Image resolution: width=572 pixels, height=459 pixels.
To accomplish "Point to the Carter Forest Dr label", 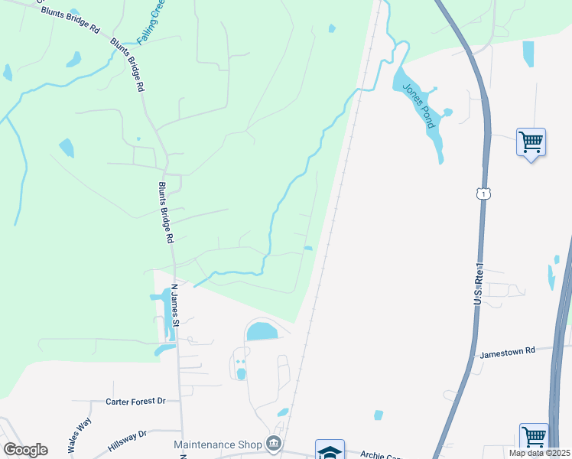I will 135,401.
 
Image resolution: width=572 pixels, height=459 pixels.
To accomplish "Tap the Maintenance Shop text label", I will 217,444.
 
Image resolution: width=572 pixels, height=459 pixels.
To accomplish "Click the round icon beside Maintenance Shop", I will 273,444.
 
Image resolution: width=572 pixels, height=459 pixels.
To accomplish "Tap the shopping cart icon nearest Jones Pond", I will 531,142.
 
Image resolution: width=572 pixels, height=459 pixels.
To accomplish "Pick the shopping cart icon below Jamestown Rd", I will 534,438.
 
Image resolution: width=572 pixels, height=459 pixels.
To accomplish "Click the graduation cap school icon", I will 330,451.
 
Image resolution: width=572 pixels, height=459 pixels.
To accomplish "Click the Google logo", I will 25,450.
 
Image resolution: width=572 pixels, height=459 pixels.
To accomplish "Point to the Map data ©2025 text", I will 540,453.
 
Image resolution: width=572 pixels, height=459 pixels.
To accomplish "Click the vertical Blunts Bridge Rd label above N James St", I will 166,212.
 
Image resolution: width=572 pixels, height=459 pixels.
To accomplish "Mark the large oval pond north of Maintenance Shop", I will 262,331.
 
